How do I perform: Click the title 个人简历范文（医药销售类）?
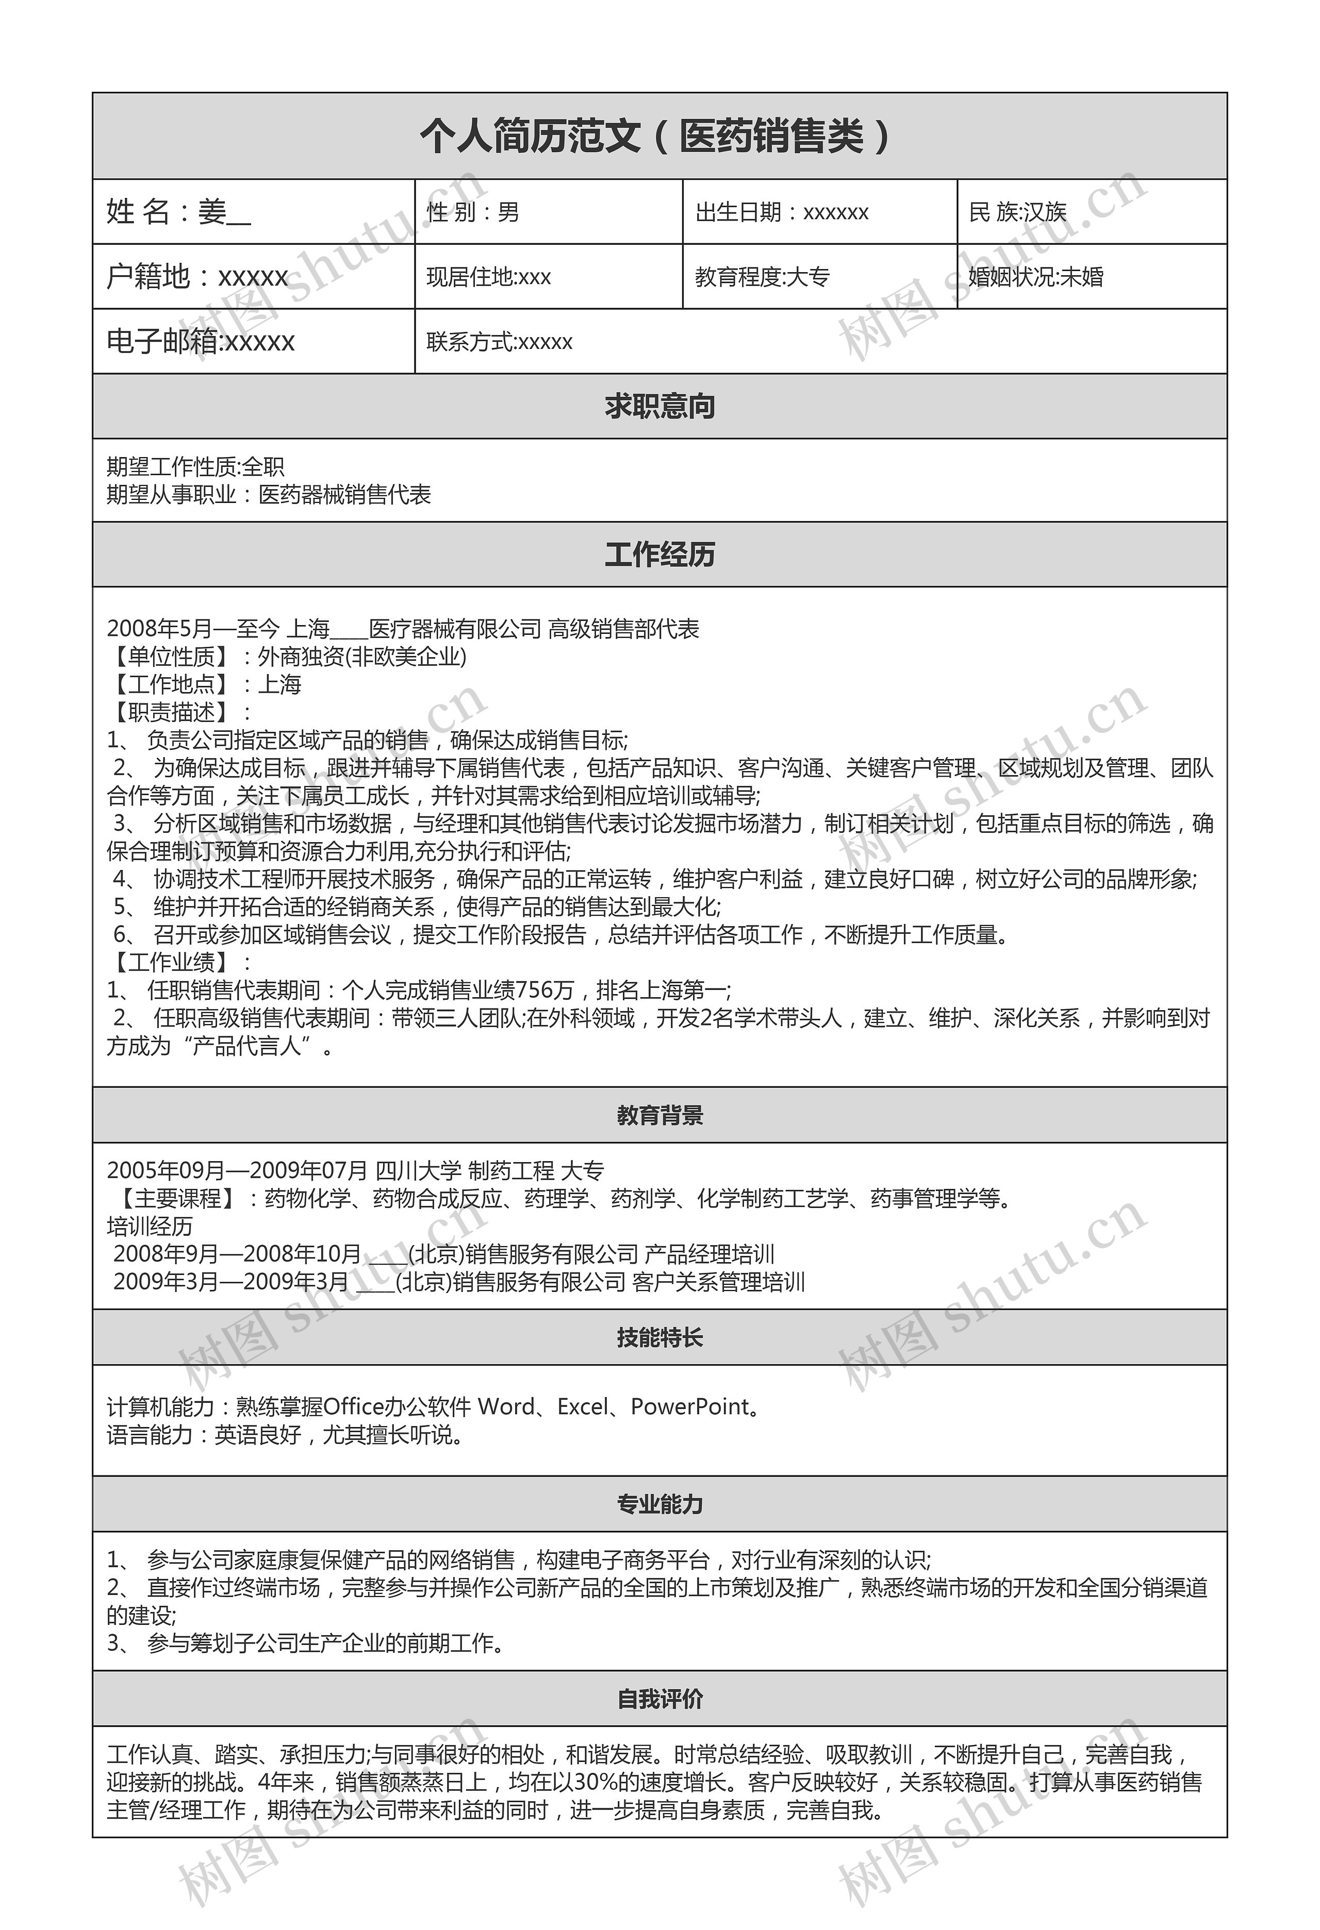pyautogui.click(x=659, y=136)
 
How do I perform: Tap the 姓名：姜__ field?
pyautogui.click(x=178, y=213)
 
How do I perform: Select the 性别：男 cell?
pyautogui.click(x=473, y=213)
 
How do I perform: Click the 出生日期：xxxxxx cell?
pyautogui.click(x=782, y=213)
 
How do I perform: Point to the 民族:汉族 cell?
pyautogui.click(x=1018, y=213)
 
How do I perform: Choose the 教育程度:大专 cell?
pyautogui.click(x=762, y=277)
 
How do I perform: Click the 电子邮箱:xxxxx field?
pyautogui.click(x=201, y=341)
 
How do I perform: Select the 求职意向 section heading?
pyautogui.click(x=659, y=406)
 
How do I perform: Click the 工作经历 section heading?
pyautogui.click(x=659, y=554)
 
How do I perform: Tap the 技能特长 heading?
pyautogui.click(x=659, y=1337)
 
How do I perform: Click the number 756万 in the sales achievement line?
pyautogui.click(x=545, y=990)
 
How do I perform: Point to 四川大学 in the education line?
pyautogui.click(x=418, y=1171)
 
